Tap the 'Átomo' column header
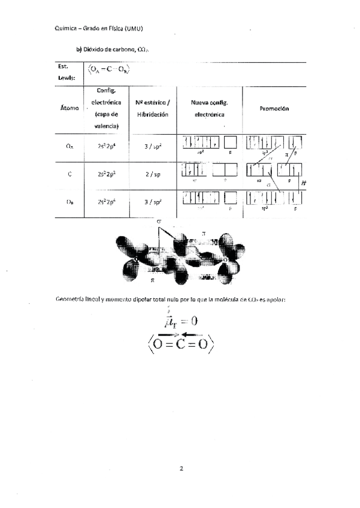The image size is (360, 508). point(69,108)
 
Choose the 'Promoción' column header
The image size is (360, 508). point(274,108)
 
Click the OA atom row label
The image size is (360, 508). point(69,146)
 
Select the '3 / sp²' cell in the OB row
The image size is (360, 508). point(152,202)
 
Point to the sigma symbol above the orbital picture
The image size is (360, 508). point(159,222)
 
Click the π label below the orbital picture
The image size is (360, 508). point(152,279)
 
